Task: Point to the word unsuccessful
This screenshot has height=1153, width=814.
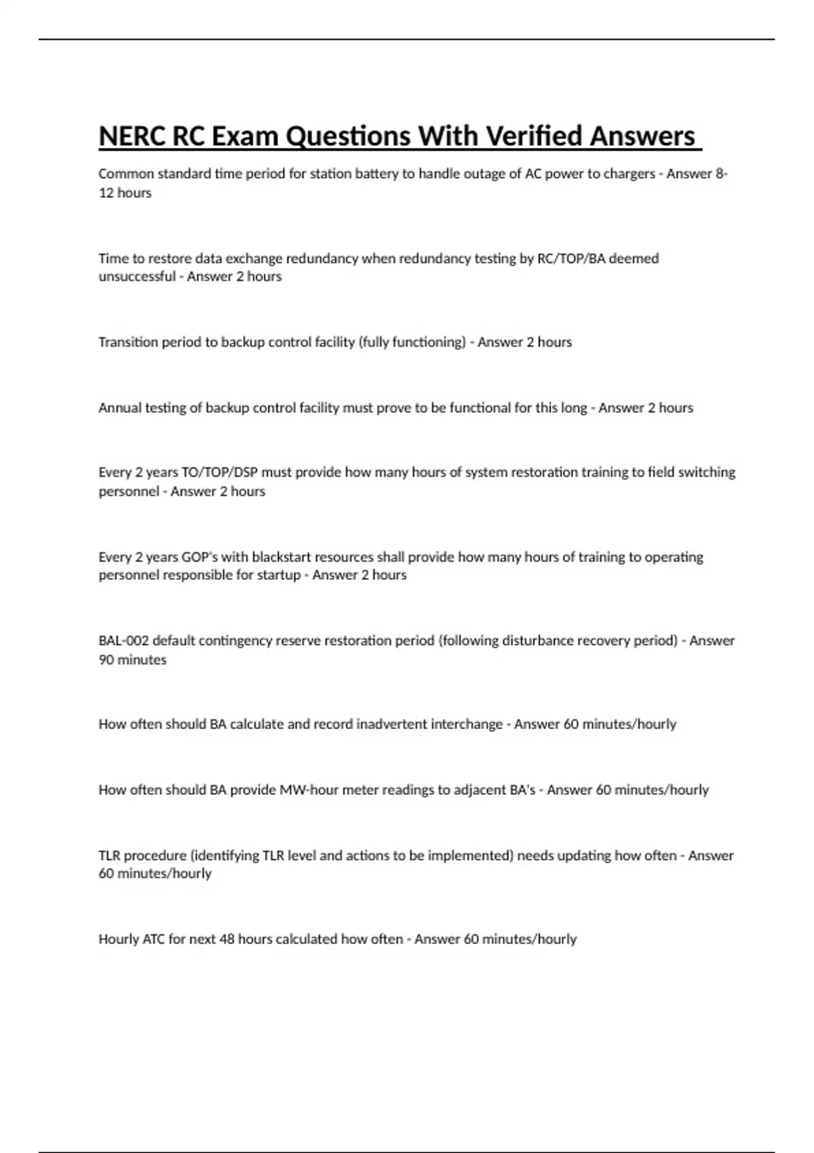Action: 137,277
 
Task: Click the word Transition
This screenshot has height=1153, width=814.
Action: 127,343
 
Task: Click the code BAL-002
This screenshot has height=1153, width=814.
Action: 123,641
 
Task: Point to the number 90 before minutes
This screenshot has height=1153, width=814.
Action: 106,660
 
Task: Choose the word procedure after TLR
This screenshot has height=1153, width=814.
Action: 155,856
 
